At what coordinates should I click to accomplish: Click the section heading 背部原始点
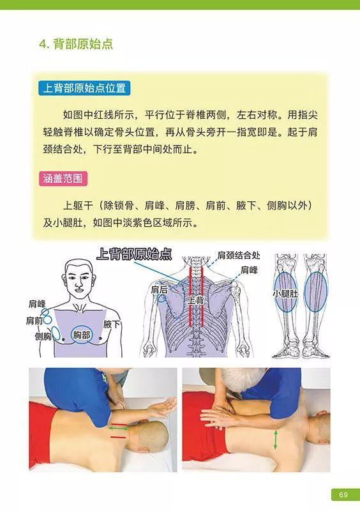tap(76, 45)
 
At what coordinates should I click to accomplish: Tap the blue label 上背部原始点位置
tap(84, 88)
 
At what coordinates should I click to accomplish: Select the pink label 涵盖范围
tap(63, 178)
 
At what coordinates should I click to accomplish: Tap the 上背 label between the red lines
tap(195, 299)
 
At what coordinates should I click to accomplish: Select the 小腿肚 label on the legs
tap(284, 294)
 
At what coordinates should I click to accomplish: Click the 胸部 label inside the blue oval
tap(82, 334)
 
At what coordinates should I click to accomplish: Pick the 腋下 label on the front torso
tap(112, 324)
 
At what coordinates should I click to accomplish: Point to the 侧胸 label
tap(43, 337)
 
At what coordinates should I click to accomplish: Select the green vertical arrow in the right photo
tap(275, 439)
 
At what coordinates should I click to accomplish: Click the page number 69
tap(343, 495)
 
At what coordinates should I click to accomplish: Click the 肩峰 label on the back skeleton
tap(251, 270)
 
